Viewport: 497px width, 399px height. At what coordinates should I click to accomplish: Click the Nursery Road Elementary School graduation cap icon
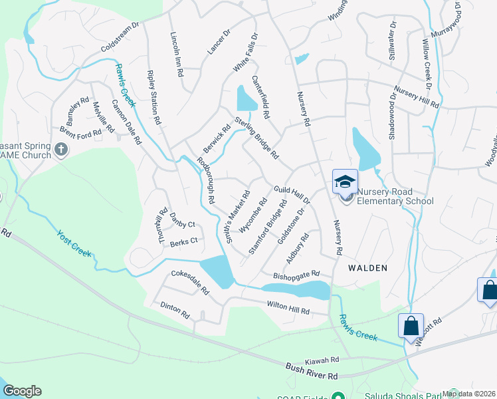pyautogui.click(x=346, y=182)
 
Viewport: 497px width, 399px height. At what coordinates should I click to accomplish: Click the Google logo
pyautogui.click(x=22, y=391)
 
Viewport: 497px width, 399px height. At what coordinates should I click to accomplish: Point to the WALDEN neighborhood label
pyautogui.click(x=367, y=267)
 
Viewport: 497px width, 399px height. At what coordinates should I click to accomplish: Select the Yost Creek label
pyautogui.click(x=73, y=244)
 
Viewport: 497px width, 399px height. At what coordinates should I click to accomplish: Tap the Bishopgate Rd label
pyautogui.click(x=296, y=274)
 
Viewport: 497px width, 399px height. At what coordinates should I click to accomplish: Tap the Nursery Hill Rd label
pyautogui.click(x=416, y=97)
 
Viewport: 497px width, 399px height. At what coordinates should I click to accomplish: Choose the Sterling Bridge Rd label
pyautogui.click(x=256, y=138)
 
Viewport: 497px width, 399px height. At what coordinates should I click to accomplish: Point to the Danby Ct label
pyautogui.click(x=182, y=225)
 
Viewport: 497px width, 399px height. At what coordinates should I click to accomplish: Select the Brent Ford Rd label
pyautogui.click(x=80, y=131)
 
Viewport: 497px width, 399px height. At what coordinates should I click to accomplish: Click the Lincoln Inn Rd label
pyautogui.click(x=176, y=55)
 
